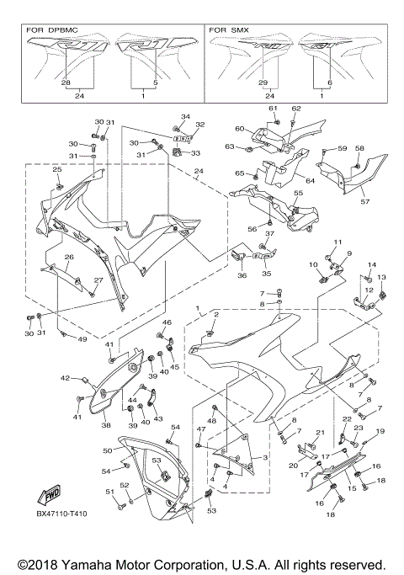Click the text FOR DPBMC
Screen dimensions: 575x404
pos(53,29)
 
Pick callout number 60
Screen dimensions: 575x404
pos(239,129)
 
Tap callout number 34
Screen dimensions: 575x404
pos(186,116)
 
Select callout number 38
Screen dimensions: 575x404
pos(107,425)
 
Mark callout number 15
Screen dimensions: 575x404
pos(353,488)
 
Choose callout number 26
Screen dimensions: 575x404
pos(70,257)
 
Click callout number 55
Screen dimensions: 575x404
pos(298,193)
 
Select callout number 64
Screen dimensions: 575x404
pos(310,180)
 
